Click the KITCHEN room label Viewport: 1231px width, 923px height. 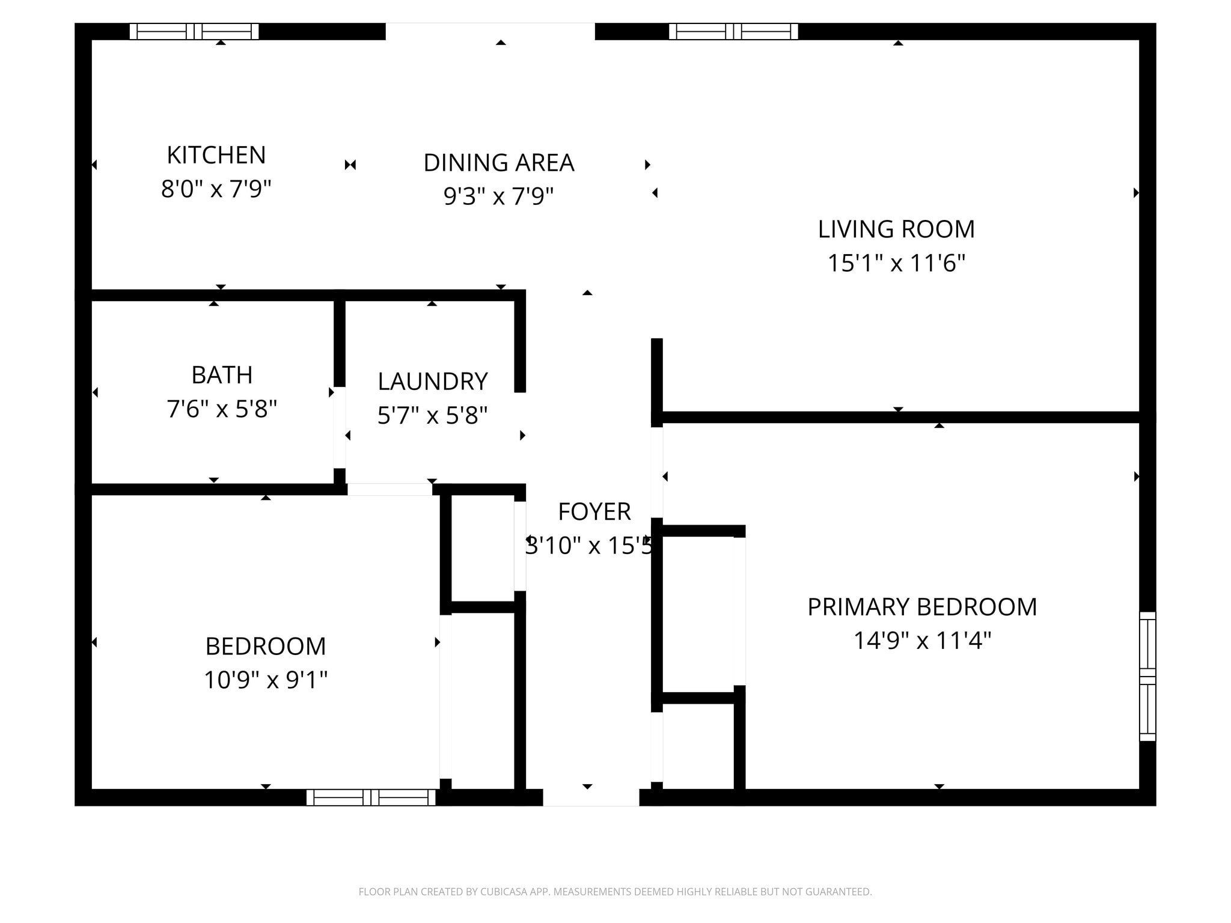pyautogui.click(x=216, y=155)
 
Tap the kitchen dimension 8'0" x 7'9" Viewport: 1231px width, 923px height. pyautogui.click(x=216, y=189)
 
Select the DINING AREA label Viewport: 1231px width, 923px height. pyautogui.click(x=499, y=163)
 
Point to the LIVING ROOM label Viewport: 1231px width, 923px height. pyautogui.click(x=896, y=229)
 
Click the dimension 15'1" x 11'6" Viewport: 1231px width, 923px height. pyautogui.click(x=896, y=263)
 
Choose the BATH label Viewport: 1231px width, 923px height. pyautogui.click(x=222, y=375)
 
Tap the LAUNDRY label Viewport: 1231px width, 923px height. pyautogui.click(x=432, y=382)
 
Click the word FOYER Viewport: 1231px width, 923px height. pyautogui.click(x=594, y=512)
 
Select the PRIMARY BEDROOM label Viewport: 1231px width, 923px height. pyautogui.click(x=921, y=607)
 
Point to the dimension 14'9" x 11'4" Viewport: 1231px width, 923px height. pyautogui.click(x=921, y=641)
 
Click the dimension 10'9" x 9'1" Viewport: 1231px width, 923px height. pyautogui.click(x=265, y=680)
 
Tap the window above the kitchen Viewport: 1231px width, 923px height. pyautogui.click(x=194, y=31)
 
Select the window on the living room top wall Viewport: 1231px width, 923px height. pyautogui.click(x=733, y=31)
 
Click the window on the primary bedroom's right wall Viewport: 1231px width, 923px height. pyautogui.click(x=1147, y=676)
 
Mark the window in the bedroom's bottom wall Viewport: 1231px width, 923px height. pyautogui.click(x=371, y=797)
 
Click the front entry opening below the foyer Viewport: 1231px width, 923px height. pyautogui.click(x=591, y=797)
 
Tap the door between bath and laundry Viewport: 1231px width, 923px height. pyautogui.click(x=340, y=427)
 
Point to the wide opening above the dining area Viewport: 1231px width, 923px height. pyautogui.click(x=490, y=31)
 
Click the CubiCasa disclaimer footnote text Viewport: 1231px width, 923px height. pyautogui.click(x=615, y=892)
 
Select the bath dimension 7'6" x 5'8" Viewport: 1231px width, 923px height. pyautogui.click(x=222, y=409)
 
